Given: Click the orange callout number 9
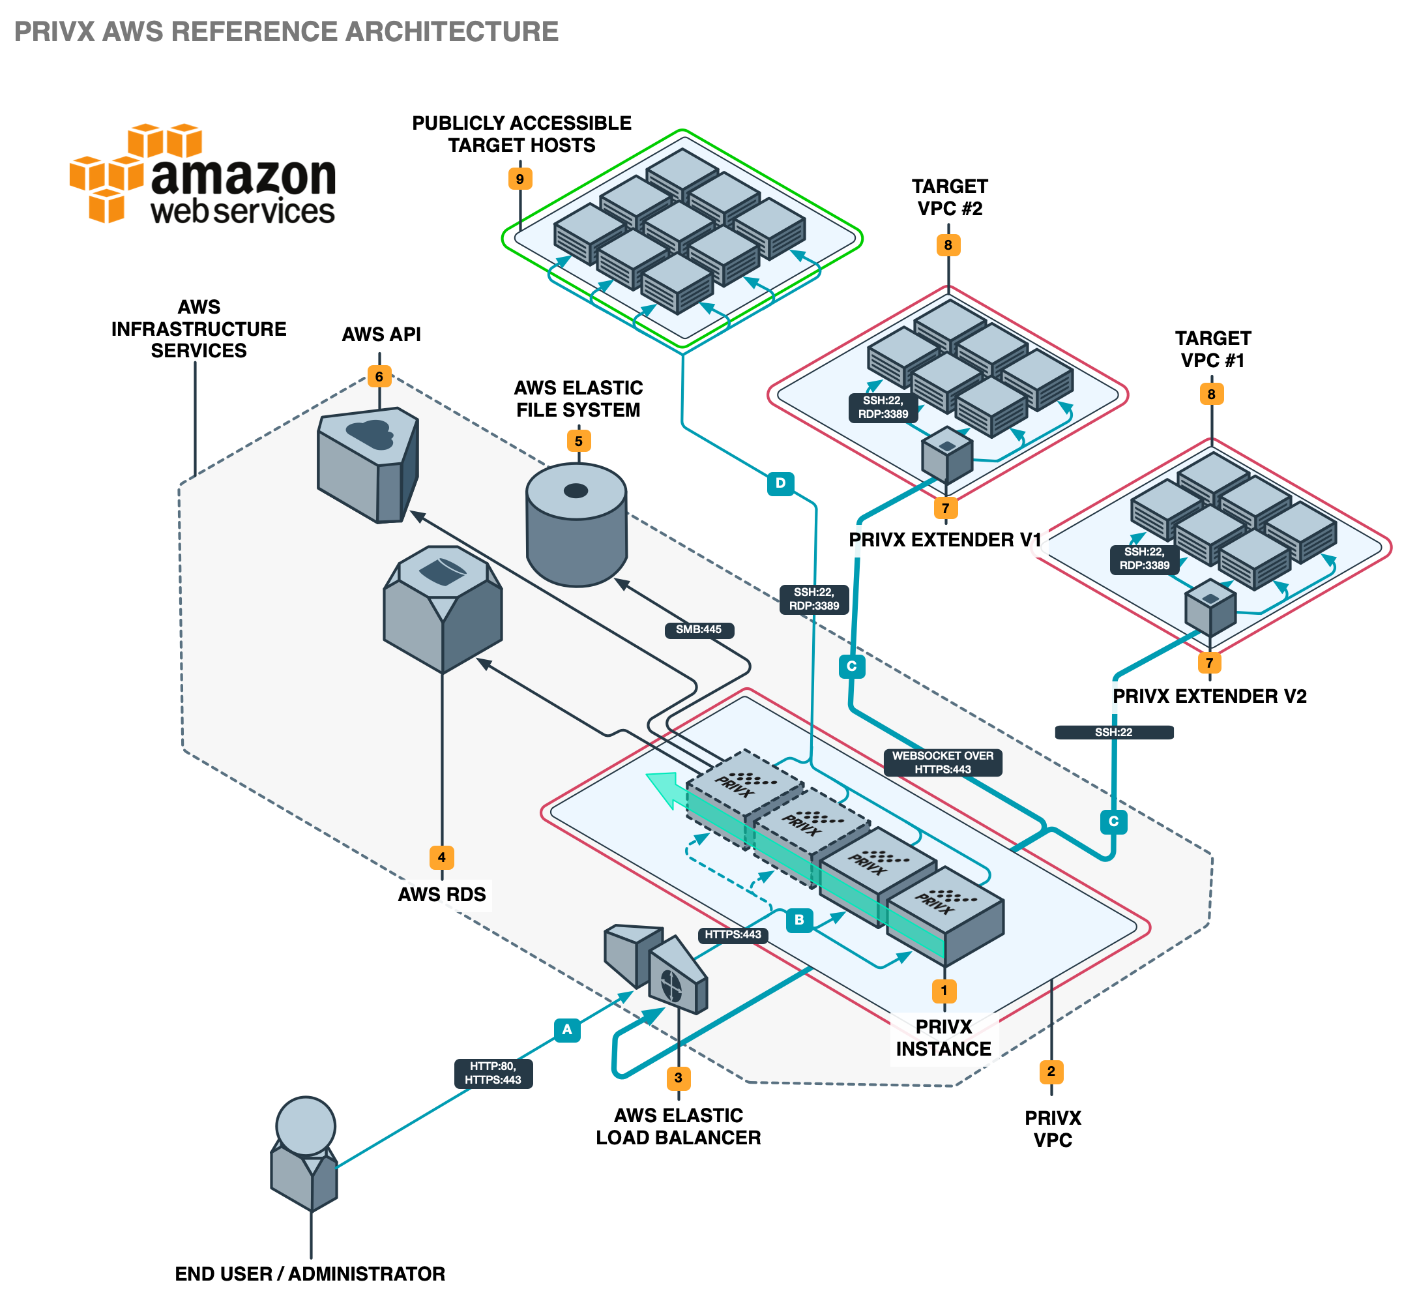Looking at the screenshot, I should pos(519,179).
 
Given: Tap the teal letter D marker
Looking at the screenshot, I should pos(780,483).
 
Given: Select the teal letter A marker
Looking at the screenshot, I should pos(566,1029).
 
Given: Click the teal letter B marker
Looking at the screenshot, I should pos(799,919).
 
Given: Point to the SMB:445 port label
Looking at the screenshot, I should pos(698,630).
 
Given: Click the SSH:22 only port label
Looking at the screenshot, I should pos(1113,732).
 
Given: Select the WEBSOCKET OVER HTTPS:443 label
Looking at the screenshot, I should pos(943,762).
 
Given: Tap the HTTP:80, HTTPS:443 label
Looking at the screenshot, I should pos(493,1073).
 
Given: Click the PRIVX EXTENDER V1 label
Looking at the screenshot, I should pos(944,540).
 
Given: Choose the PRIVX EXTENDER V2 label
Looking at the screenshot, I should pos(1209,697).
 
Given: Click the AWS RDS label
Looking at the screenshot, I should pos(441,895).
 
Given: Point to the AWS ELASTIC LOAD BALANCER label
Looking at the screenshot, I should pos(678,1127).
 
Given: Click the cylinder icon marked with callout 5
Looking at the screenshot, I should pos(576,525).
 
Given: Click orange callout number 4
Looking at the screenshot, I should pos(441,857).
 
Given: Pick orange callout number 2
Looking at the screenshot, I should pos(1051,1071).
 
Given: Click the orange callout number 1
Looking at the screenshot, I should pos(944,990).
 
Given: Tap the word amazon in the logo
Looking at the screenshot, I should pos(242,176).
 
